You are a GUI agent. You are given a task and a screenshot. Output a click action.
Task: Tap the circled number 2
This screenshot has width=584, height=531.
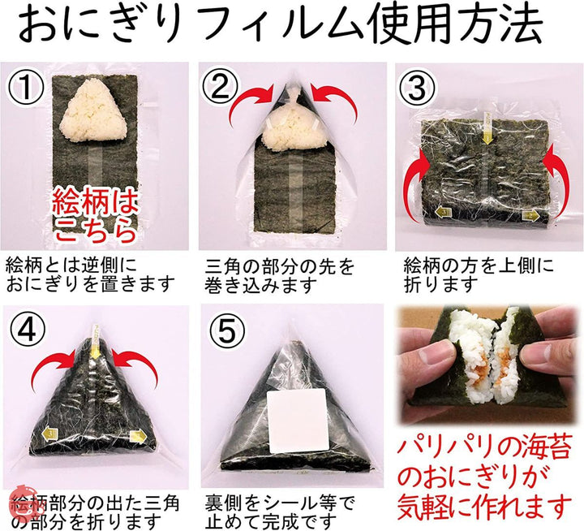click(220, 87)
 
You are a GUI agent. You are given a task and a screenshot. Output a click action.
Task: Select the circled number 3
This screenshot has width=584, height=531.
click(417, 88)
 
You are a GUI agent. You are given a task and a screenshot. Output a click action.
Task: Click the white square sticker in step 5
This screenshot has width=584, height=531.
click(297, 421)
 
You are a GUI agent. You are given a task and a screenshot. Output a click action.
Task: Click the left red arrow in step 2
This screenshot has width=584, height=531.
click(251, 103)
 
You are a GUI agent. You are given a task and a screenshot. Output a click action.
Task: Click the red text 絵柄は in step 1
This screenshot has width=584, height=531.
click(95, 202)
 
